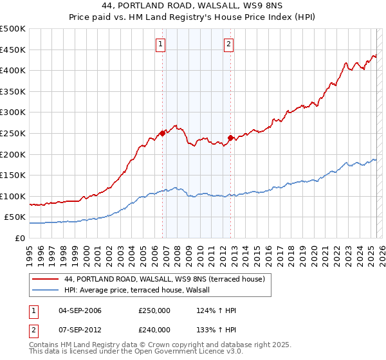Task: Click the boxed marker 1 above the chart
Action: [x=160, y=44]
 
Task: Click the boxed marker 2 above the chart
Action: [x=228, y=44]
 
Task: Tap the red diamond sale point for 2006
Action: [x=162, y=133]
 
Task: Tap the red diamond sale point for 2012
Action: [x=230, y=137]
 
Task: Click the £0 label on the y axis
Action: [x=19, y=238]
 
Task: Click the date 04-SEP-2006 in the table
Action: [x=80, y=310]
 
